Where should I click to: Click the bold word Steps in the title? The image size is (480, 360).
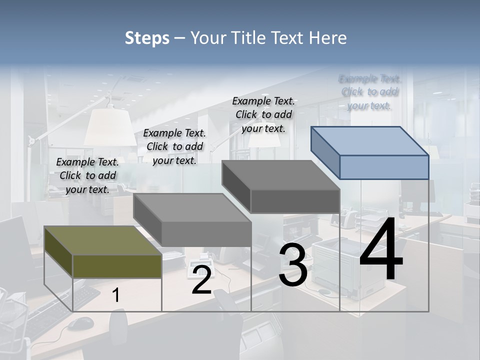pyautogui.click(x=147, y=38)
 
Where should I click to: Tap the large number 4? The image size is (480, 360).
pyautogui.click(x=381, y=250)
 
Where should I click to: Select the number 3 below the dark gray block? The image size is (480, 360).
pyautogui.click(x=293, y=265)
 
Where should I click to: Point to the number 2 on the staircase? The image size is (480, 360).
pyautogui.click(x=201, y=280)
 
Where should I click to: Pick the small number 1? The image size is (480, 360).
pyautogui.click(x=116, y=295)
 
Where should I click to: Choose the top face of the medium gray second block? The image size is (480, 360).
pyautogui.click(x=192, y=207)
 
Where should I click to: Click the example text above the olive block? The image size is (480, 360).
pyautogui.click(x=87, y=175)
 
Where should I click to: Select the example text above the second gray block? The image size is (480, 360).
pyautogui.click(x=174, y=146)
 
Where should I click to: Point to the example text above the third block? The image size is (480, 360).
pyautogui.click(x=263, y=114)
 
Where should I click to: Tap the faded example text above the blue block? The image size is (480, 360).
pyautogui.click(x=369, y=92)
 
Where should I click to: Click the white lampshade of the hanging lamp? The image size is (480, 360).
pyautogui.click(x=110, y=127)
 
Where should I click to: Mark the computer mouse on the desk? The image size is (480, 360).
pyautogui.click(x=80, y=323)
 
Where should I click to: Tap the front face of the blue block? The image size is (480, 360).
pyautogui.click(x=384, y=167)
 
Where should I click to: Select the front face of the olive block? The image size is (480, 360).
pyautogui.click(x=117, y=266)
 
